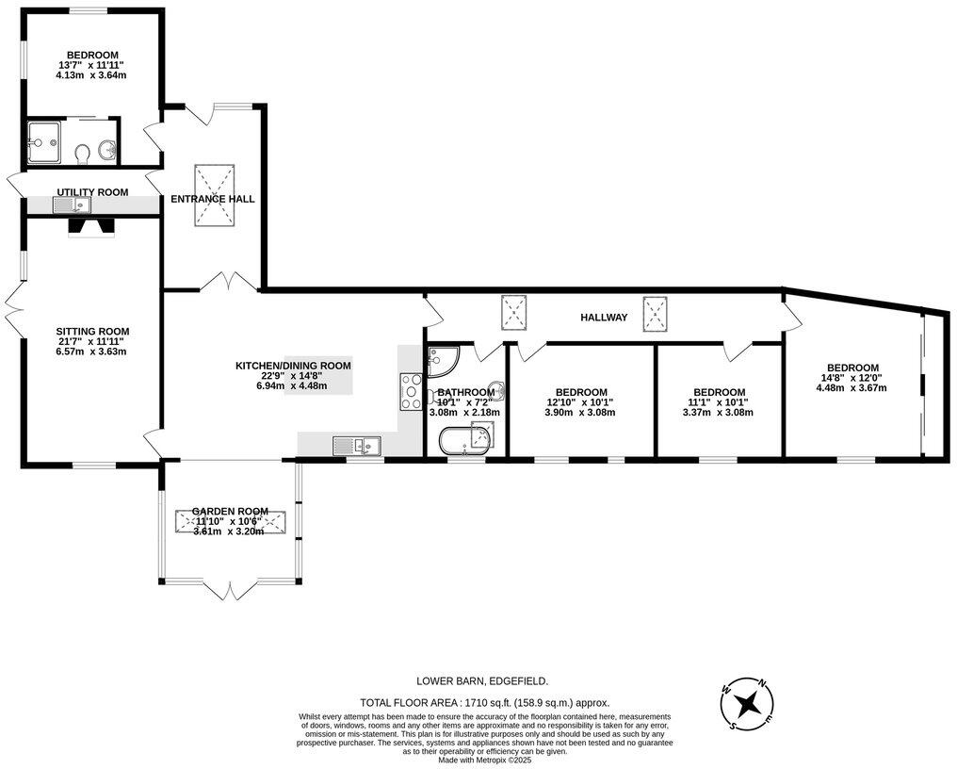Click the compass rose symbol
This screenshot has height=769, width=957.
(x=750, y=703)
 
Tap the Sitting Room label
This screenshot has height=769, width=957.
(x=92, y=332)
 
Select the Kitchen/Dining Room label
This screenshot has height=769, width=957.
(x=293, y=366)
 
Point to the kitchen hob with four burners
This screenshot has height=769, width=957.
(x=412, y=391)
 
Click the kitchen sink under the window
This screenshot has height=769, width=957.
(x=355, y=445)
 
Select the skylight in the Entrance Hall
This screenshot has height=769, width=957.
(x=215, y=196)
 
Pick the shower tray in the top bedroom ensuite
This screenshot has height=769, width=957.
(x=44, y=141)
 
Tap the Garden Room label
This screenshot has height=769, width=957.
(x=231, y=511)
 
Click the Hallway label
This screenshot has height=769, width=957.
(x=603, y=318)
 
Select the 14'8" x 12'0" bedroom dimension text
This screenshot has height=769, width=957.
(x=852, y=378)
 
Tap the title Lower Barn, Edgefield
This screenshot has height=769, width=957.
(x=482, y=680)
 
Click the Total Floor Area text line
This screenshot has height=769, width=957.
(x=485, y=702)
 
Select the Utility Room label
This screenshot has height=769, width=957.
(x=92, y=192)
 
